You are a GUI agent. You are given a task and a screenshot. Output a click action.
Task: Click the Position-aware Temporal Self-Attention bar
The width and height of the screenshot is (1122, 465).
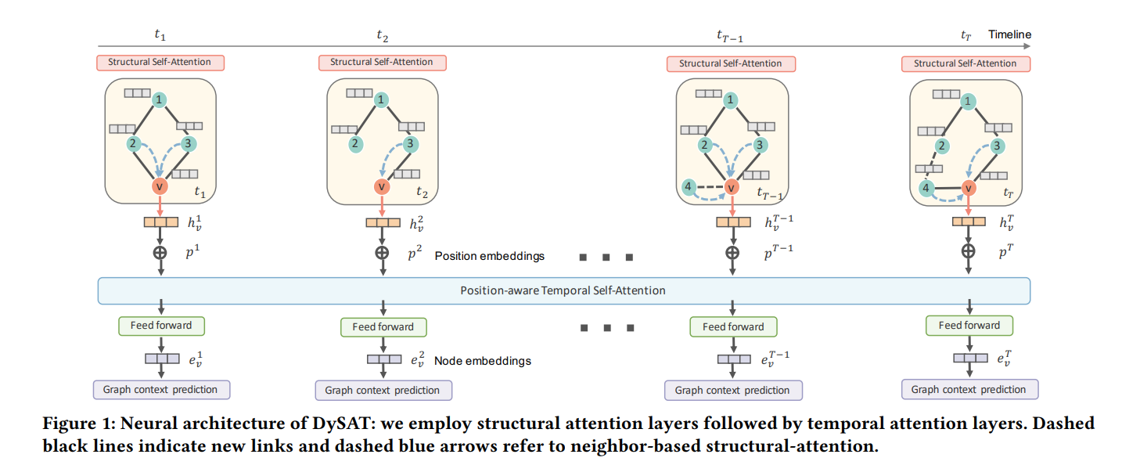563,290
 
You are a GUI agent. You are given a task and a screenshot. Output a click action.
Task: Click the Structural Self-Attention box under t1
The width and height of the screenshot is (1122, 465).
160,62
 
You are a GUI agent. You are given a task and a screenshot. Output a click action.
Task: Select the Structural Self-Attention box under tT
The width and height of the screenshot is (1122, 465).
965,63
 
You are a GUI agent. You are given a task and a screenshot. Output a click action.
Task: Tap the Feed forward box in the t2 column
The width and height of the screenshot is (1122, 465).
383,326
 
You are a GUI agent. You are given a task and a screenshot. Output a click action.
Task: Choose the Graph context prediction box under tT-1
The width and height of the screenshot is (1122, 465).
732,390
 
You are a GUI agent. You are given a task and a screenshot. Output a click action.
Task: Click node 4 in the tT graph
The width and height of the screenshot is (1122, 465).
926,189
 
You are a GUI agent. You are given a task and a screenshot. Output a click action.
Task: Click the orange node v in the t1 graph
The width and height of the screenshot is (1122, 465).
160,187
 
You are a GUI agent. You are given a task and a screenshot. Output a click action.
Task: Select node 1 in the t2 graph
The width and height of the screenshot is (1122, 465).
380,99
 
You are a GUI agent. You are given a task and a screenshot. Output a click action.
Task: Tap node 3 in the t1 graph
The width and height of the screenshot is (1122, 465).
188,144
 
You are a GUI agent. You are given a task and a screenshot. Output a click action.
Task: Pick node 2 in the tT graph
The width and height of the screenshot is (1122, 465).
942,146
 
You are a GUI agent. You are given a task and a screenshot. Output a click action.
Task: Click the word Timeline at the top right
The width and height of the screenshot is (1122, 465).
1009,34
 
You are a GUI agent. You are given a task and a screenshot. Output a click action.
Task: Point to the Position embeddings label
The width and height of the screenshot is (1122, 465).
489,256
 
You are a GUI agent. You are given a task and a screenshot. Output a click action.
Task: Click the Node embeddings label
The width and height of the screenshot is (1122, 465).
483,361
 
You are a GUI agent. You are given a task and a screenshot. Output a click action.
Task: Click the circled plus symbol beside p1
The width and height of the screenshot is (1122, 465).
160,253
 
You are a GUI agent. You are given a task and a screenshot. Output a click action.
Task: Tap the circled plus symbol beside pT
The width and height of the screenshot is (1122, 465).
969,251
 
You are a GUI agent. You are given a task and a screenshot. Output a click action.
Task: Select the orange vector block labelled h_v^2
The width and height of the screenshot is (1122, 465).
383,223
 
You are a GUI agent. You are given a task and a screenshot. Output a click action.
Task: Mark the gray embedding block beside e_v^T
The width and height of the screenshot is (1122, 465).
969,358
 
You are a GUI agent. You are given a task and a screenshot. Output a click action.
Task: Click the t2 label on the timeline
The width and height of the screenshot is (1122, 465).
381,35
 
